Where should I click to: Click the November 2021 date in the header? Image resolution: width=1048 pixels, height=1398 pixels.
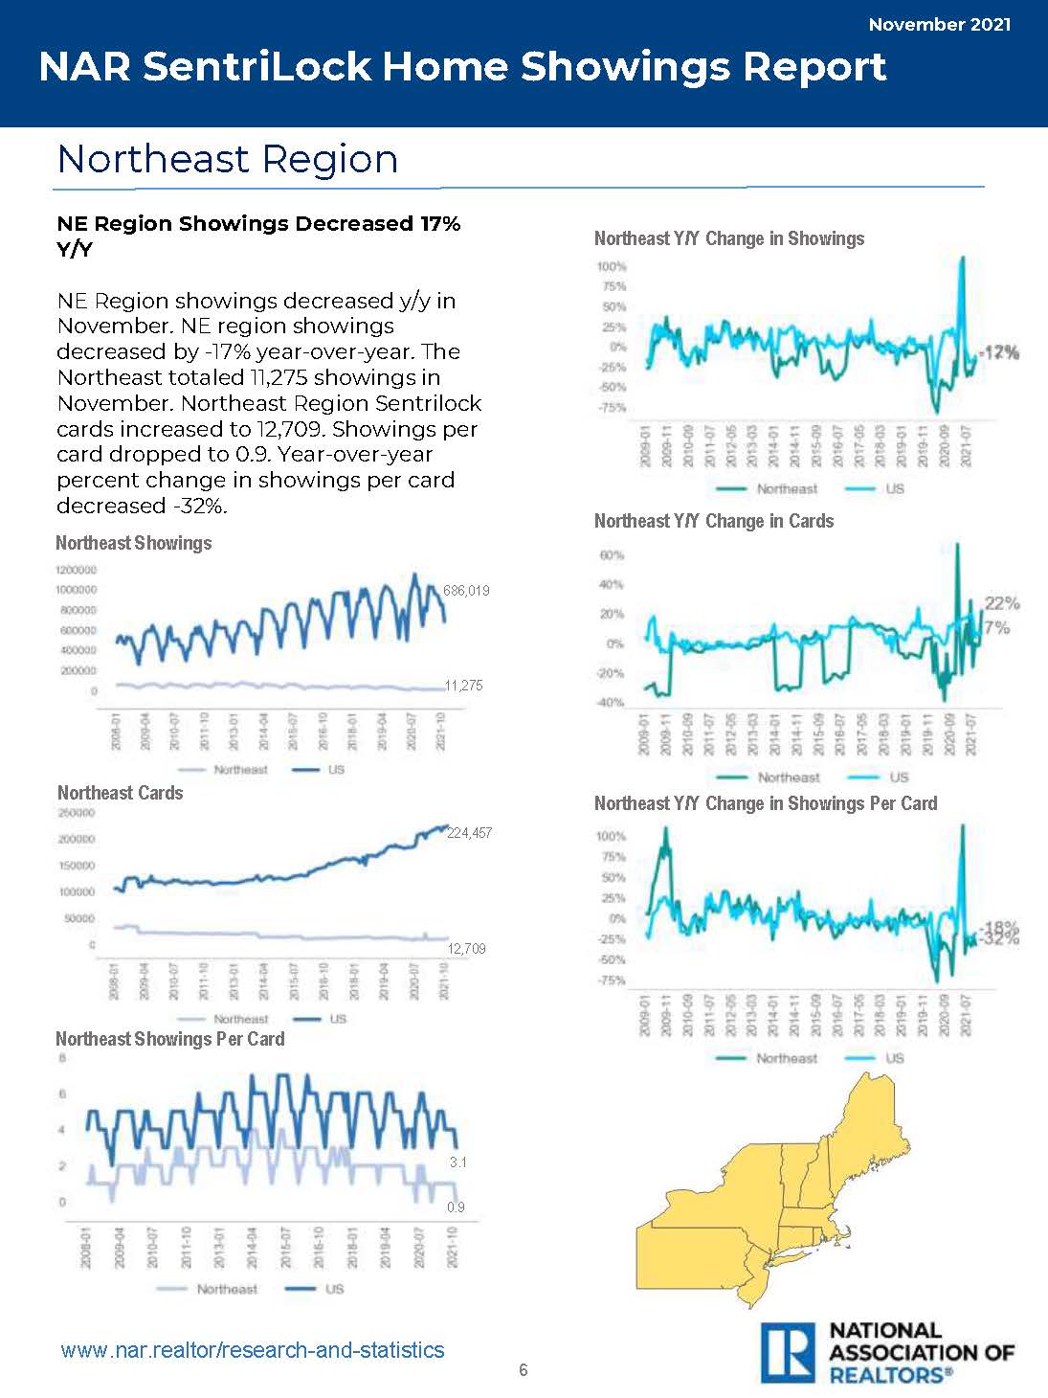939,25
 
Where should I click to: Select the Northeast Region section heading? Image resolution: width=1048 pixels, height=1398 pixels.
227,159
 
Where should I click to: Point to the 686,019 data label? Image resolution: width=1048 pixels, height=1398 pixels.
467,591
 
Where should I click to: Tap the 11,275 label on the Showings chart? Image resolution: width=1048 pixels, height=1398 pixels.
464,686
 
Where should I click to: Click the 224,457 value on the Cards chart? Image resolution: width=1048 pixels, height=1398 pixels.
469,833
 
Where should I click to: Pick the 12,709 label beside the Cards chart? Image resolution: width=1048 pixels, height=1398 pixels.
467,949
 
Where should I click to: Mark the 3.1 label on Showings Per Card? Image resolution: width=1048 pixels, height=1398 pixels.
457,1162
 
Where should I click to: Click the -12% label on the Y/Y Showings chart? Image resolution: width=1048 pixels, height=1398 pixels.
1000,352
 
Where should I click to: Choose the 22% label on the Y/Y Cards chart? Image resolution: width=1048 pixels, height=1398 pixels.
1002,603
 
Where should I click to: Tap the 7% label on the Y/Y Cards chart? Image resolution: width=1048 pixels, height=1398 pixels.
997,627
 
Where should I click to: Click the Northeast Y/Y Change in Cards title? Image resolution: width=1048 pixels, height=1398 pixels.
713,521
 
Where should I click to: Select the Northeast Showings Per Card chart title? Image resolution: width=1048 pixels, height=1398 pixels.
169,1039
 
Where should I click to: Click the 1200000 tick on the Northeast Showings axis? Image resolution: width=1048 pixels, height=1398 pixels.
77,570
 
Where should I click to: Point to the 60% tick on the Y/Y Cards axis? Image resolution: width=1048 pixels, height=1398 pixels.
612,555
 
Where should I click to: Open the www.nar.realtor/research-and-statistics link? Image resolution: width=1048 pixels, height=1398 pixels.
253,1350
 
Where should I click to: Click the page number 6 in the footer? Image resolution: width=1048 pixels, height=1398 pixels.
524,1370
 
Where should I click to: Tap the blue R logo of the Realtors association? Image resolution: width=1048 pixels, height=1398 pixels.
788,1352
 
